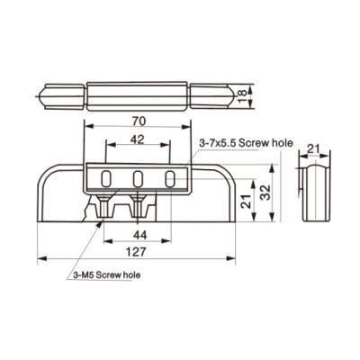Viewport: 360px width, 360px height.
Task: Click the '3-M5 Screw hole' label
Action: pyautogui.click(x=107, y=275)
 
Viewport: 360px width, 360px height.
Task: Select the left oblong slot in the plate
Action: pyautogui.click(x=108, y=177)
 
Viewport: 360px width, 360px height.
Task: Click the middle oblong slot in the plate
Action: pyautogui.click(x=138, y=177)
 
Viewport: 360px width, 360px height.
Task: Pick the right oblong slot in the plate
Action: pyautogui.click(x=167, y=177)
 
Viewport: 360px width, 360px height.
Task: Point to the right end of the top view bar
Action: pyautogui.click(x=216, y=93)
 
